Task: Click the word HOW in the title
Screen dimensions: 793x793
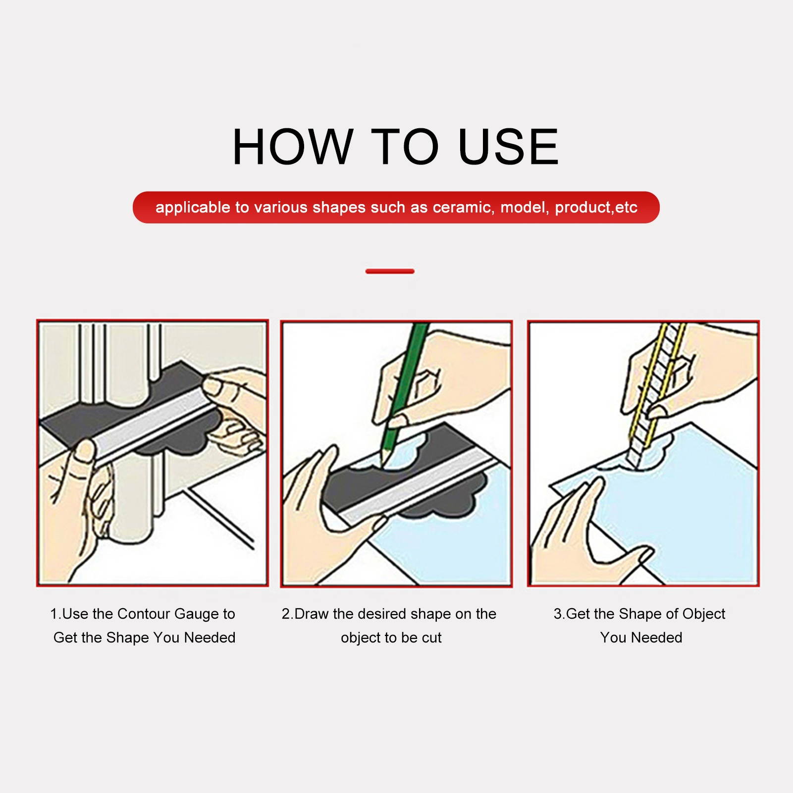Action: click(292, 147)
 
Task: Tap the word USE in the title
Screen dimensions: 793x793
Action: click(509, 147)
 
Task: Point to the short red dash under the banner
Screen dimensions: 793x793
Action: click(390, 271)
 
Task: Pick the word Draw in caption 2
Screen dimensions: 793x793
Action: click(312, 614)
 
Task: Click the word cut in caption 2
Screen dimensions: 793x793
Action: click(431, 638)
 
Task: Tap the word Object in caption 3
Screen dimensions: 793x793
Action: click(704, 615)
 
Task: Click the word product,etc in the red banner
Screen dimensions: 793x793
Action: click(596, 208)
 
